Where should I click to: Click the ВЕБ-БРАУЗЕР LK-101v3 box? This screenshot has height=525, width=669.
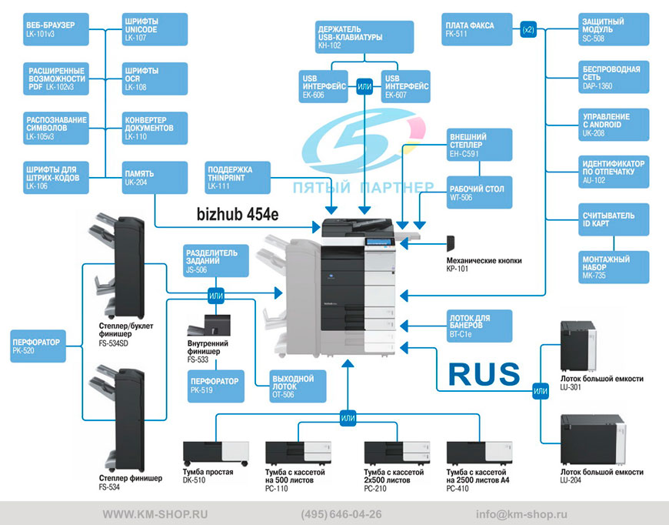tap(56, 29)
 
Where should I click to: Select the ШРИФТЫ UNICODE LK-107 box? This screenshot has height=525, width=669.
tap(155, 29)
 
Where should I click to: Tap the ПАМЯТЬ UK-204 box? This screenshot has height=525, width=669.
tap(155, 177)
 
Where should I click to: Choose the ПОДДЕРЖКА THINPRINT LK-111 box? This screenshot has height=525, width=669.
tap(238, 177)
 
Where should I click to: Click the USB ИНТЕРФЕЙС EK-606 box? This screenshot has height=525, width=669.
tap(324, 86)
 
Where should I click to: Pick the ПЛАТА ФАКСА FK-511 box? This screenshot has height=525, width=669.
tap(477, 29)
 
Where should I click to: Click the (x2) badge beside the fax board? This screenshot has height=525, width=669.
tap(528, 29)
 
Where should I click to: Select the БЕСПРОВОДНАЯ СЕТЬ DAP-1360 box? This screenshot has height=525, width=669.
tap(614, 77)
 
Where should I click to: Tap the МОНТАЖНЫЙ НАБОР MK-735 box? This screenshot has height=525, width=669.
tap(614, 267)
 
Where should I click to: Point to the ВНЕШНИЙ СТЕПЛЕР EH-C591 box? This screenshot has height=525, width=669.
tap(480, 145)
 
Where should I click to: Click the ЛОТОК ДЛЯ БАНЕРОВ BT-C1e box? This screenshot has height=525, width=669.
tap(480, 326)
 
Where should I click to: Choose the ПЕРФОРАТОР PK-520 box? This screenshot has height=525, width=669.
tap(38, 346)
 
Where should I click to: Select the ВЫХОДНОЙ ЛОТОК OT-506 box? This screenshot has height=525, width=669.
tap(298, 386)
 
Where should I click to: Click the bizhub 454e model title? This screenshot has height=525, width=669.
tap(238, 214)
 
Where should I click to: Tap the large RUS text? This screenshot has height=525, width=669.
tap(484, 374)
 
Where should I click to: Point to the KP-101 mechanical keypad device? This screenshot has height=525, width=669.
tap(451, 243)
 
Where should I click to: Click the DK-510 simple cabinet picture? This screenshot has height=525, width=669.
tap(215, 453)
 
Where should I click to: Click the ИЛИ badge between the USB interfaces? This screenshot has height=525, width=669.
tap(364, 87)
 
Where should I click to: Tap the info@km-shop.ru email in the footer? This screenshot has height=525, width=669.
tap(521, 514)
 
